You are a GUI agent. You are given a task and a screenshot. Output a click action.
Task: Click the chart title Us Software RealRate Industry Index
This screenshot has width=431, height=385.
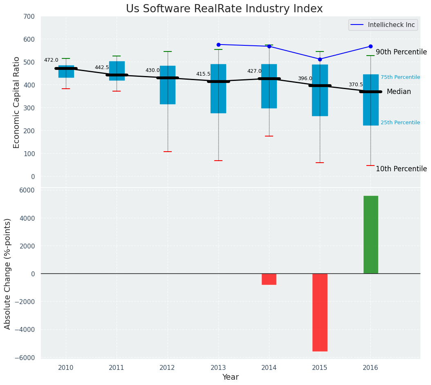(224, 9)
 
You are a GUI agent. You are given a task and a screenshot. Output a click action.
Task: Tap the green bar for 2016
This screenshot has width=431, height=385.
(370, 235)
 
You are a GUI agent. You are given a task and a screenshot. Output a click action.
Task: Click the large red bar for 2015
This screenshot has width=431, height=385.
(320, 312)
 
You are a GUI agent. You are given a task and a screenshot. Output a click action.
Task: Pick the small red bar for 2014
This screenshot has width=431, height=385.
(269, 279)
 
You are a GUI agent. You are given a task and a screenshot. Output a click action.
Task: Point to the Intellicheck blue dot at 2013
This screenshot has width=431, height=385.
(218, 45)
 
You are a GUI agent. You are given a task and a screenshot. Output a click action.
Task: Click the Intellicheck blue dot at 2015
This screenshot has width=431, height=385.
(320, 59)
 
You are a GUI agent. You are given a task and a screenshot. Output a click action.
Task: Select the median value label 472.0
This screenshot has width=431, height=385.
(51, 60)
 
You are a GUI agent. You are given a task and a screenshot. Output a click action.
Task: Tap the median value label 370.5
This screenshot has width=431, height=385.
(356, 85)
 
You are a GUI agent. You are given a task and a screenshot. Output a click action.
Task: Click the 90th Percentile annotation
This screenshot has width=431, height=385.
(401, 52)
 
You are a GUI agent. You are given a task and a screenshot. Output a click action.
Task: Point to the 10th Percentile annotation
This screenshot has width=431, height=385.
(401, 169)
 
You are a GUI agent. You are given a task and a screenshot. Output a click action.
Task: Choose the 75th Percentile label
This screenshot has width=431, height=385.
(400, 77)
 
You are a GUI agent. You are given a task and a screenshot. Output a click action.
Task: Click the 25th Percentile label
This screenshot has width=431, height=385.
(400, 123)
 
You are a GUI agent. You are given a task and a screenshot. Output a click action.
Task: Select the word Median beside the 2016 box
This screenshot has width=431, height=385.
(399, 92)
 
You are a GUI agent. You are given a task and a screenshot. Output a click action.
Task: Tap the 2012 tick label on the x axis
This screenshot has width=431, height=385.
(167, 368)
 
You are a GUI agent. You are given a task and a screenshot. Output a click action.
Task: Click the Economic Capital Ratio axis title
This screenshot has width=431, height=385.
(17, 102)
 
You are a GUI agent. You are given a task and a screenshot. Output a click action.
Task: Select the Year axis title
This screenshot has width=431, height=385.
(230, 377)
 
